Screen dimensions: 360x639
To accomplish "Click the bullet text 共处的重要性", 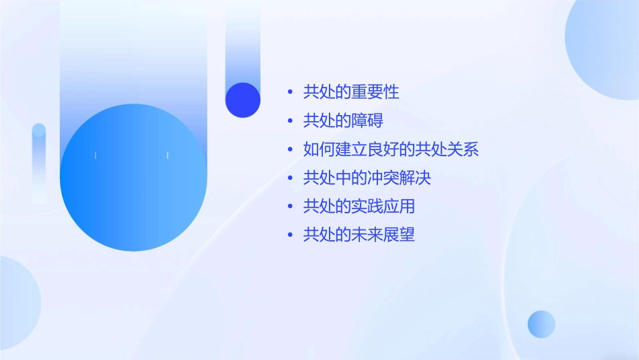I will click(351, 92).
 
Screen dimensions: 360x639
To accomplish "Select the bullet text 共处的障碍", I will click(343, 121).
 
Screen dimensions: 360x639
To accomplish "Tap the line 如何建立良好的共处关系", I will click(391, 149).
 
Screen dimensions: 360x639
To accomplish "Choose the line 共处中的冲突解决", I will click(367, 178).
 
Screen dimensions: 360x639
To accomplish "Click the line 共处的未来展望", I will click(359, 235).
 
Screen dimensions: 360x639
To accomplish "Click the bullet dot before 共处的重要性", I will click(290, 92).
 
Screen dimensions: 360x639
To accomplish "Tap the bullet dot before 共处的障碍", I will click(290, 121).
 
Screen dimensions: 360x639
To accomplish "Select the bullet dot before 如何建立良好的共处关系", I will click(290, 149).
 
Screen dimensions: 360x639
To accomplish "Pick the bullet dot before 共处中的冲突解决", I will click(290, 178).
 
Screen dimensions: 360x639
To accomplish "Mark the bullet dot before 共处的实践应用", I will click(290, 207).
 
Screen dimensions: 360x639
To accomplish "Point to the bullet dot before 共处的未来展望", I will click(290, 235).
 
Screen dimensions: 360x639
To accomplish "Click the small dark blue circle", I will click(243, 100).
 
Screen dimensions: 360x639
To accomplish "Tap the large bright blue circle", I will click(133, 178).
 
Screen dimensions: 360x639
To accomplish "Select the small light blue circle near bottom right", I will click(541, 324).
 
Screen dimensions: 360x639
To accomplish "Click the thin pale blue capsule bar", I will click(39, 161).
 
